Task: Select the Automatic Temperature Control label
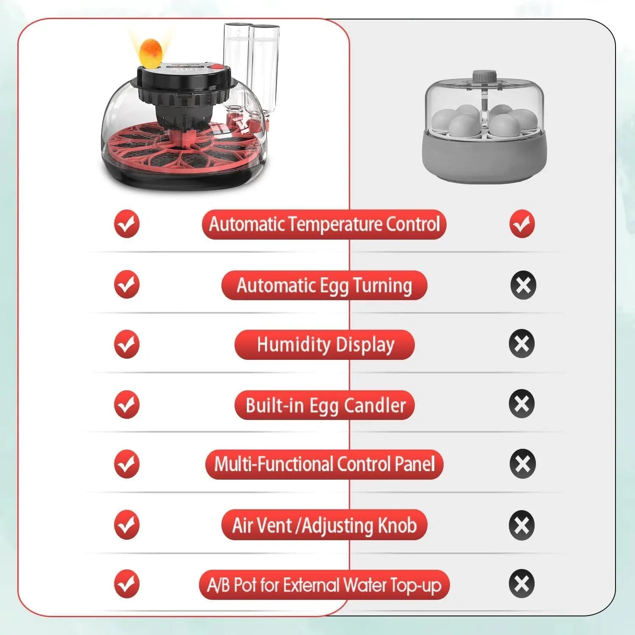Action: (x=324, y=224)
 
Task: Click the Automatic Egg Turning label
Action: (x=324, y=285)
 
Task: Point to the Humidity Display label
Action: (x=325, y=345)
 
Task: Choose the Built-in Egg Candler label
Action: (x=325, y=405)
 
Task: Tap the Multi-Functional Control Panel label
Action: (x=324, y=464)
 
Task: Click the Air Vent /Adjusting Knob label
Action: (x=324, y=525)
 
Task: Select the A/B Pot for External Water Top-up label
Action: (x=324, y=585)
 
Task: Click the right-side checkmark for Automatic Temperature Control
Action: (x=522, y=224)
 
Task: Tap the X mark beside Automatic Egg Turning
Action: (x=523, y=285)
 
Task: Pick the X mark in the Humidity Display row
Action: (x=522, y=343)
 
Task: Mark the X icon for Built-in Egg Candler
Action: (x=522, y=403)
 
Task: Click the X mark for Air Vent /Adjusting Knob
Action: (x=522, y=525)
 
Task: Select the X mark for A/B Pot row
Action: (x=522, y=584)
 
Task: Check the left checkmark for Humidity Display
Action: (x=127, y=344)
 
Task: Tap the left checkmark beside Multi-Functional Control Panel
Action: (x=127, y=464)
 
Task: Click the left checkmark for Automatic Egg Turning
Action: (x=127, y=284)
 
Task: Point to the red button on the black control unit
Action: (x=216, y=66)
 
